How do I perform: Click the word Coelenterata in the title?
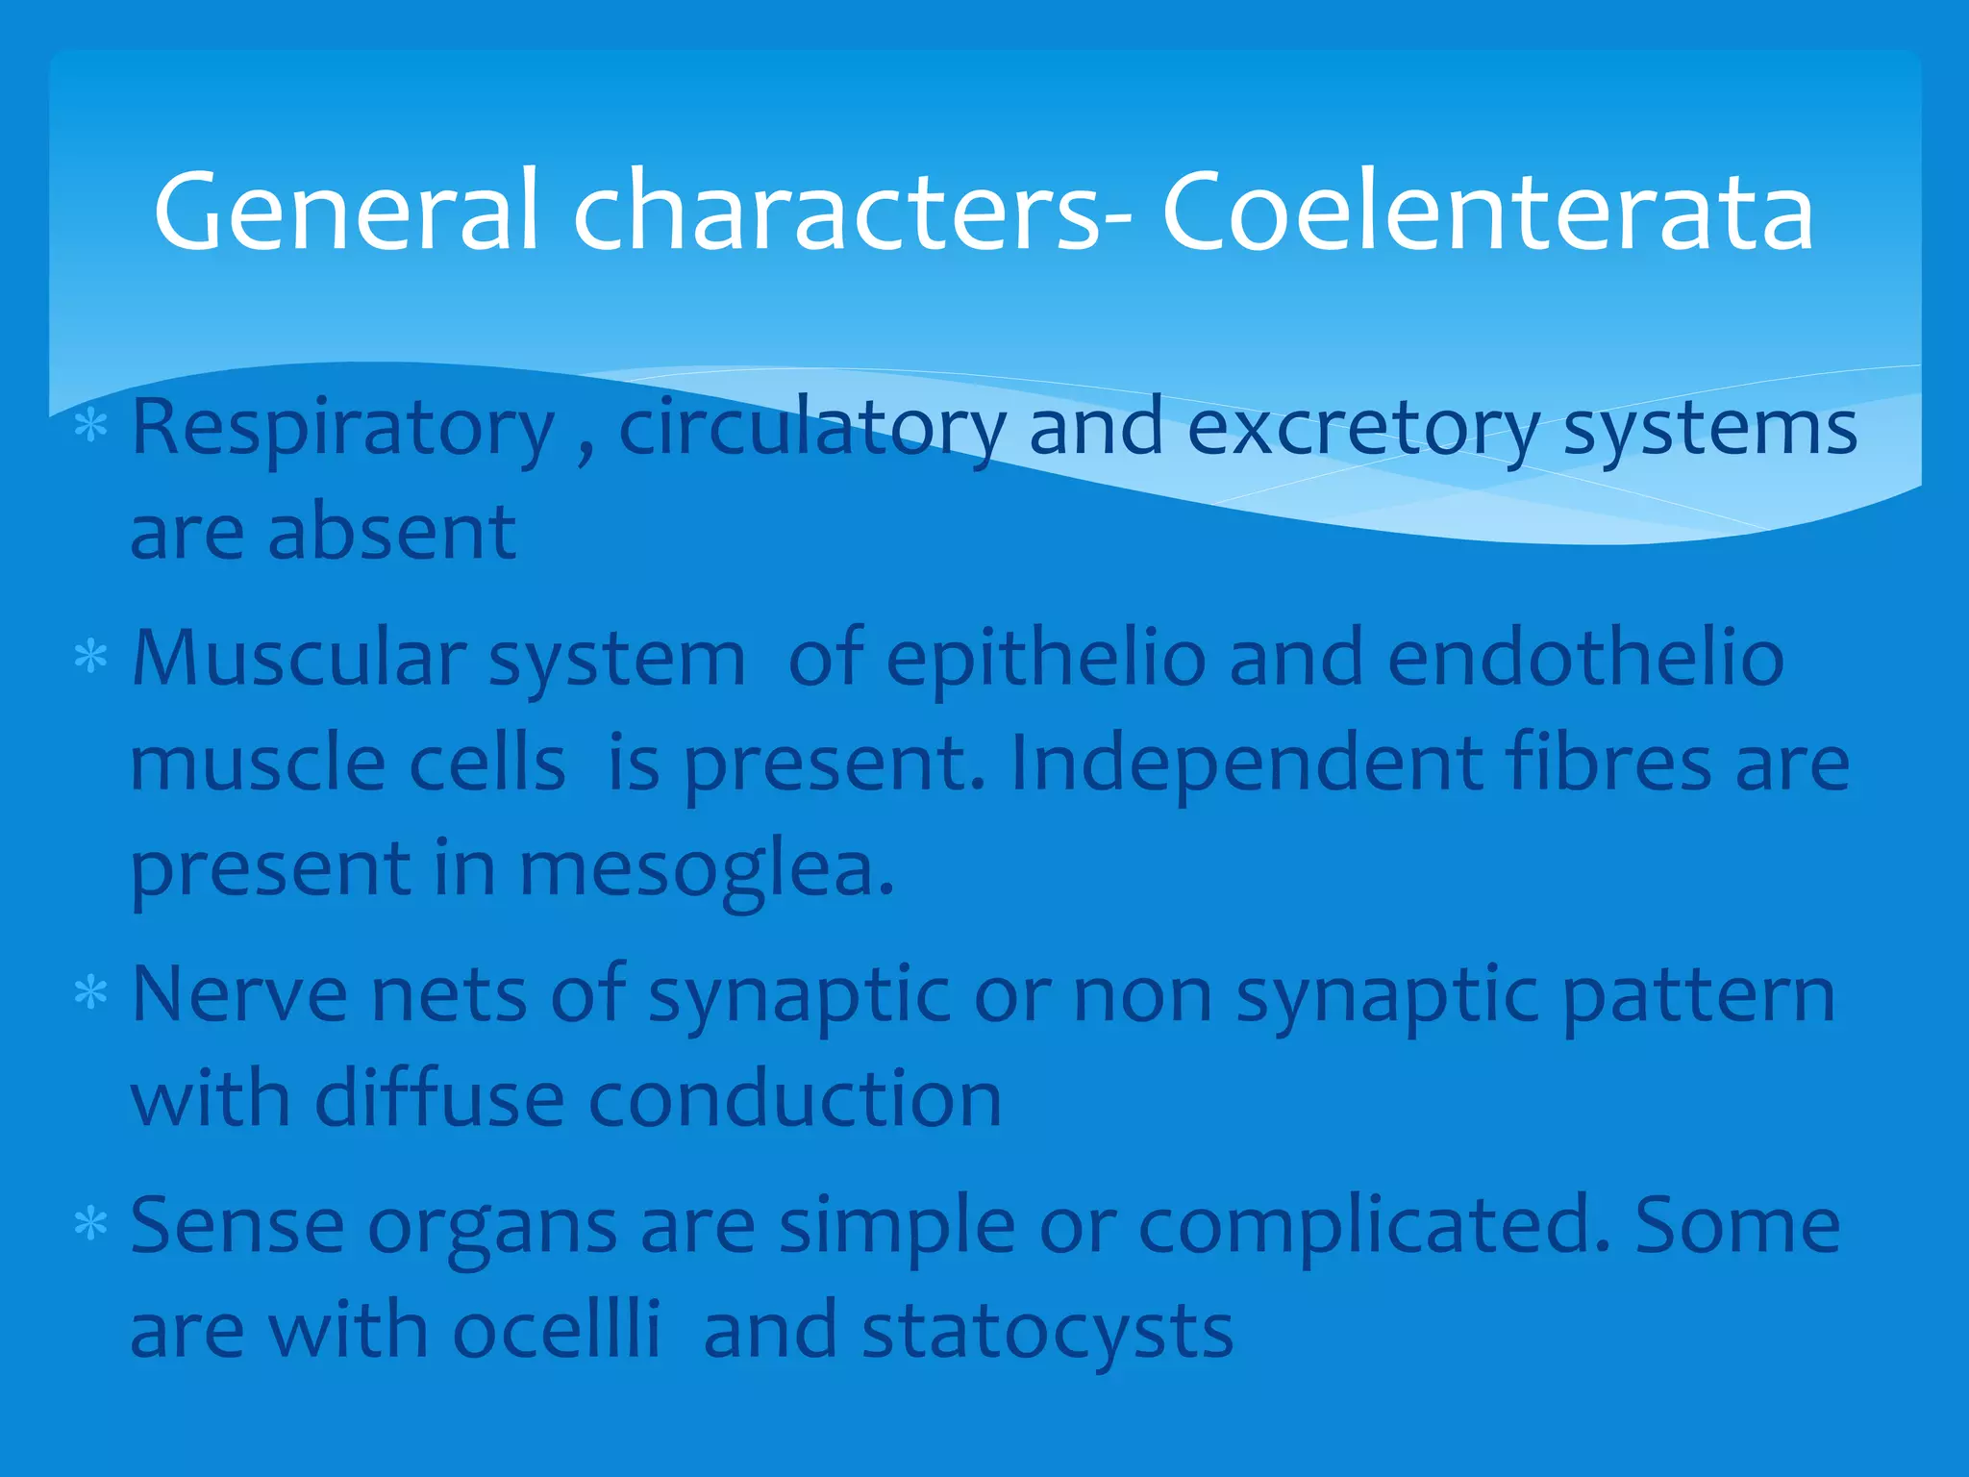pyautogui.click(x=1487, y=212)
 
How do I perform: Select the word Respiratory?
pyautogui.click(x=343, y=428)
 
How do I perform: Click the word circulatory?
pyautogui.click(x=812, y=428)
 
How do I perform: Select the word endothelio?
pyautogui.click(x=1585, y=659)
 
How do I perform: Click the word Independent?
pyautogui.click(x=1246, y=764)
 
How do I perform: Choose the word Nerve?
pyautogui.click(x=239, y=994)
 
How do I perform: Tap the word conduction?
pyautogui.click(x=795, y=1098)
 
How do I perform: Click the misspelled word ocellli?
pyautogui.click(x=557, y=1331)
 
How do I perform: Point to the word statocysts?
pyautogui.click(x=1047, y=1333)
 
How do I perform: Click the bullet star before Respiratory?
pyautogui.click(x=91, y=424)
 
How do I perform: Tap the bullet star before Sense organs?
pyautogui.click(x=91, y=1224)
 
